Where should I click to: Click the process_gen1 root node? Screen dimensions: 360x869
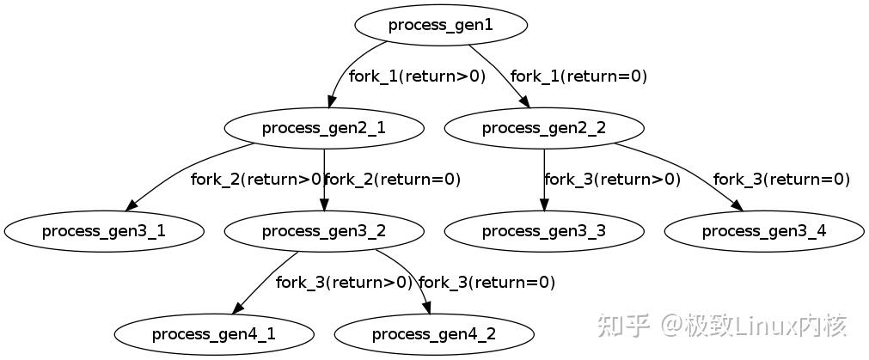(x=440, y=25)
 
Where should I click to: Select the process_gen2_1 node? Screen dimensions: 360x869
(x=323, y=128)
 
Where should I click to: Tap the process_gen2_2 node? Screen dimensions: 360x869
(x=543, y=128)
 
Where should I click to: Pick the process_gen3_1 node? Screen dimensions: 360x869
(x=103, y=231)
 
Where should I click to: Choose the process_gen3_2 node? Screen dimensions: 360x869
(x=323, y=231)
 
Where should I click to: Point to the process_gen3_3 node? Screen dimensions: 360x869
(x=543, y=231)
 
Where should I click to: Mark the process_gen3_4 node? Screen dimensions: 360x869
(x=763, y=231)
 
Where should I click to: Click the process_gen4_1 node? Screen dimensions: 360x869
(x=213, y=333)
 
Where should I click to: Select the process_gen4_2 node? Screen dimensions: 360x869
(x=433, y=333)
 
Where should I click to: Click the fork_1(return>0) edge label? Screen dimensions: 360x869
(x=417, y=76)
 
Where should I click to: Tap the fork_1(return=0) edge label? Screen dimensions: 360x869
(x=578, y=76)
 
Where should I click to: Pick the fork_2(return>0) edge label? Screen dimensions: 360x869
(x=256, y=180)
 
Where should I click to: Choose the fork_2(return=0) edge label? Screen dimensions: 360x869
(x=393, y=180)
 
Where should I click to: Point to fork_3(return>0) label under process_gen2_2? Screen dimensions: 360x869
(x=612, y=180)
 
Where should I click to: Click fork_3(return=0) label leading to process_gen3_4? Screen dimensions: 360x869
(x=781, y=180)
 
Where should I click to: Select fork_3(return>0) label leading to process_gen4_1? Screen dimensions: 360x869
(x=344, y=283)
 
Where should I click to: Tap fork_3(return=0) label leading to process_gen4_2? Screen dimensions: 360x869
(x=487, y=283)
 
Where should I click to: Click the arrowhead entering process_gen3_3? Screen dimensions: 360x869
(x=543, y=205)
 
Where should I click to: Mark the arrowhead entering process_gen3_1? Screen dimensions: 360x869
(x=132, y=206)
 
